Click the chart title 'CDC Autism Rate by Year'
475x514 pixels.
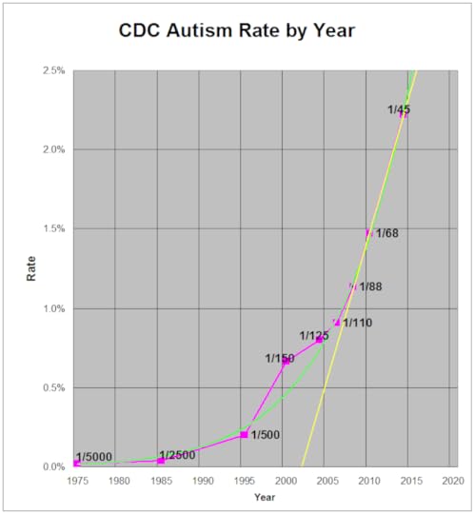coord(236,30)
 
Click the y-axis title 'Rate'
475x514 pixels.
coord(30,269)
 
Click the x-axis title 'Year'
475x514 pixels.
coord(265,497)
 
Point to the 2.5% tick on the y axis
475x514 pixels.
coord(54,70)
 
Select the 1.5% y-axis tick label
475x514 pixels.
coord(54,229)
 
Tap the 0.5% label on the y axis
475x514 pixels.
coord(54,387)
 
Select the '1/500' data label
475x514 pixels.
coord(266,435)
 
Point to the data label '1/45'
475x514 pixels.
coord(399,110)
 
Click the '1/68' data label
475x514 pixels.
coord(387,233)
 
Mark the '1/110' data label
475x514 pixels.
coord(357,323)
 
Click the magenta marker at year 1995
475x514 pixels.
coord(244,434)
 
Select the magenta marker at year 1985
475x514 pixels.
coord(161,461)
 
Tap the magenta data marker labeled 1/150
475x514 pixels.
coord(286,361)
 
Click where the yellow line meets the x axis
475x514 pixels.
coord(302,466)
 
